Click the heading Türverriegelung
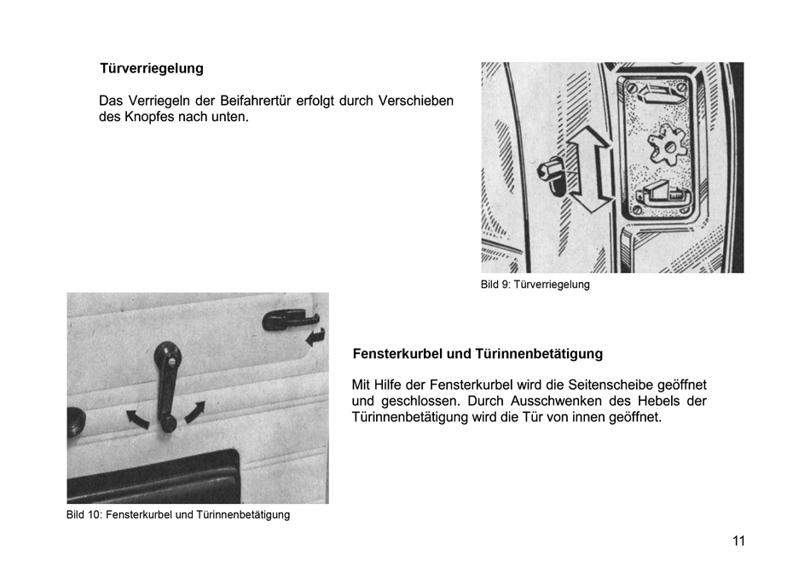[151, 68]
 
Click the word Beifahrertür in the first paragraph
[256, 101]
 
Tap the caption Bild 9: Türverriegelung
[535, 285]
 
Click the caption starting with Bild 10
[177, 515]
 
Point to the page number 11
[738, 542]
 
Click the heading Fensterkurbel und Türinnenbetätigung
[477, 353]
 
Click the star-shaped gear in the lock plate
[667, 146]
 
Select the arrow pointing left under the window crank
[136, 418]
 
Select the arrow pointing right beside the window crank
[194, 410]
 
